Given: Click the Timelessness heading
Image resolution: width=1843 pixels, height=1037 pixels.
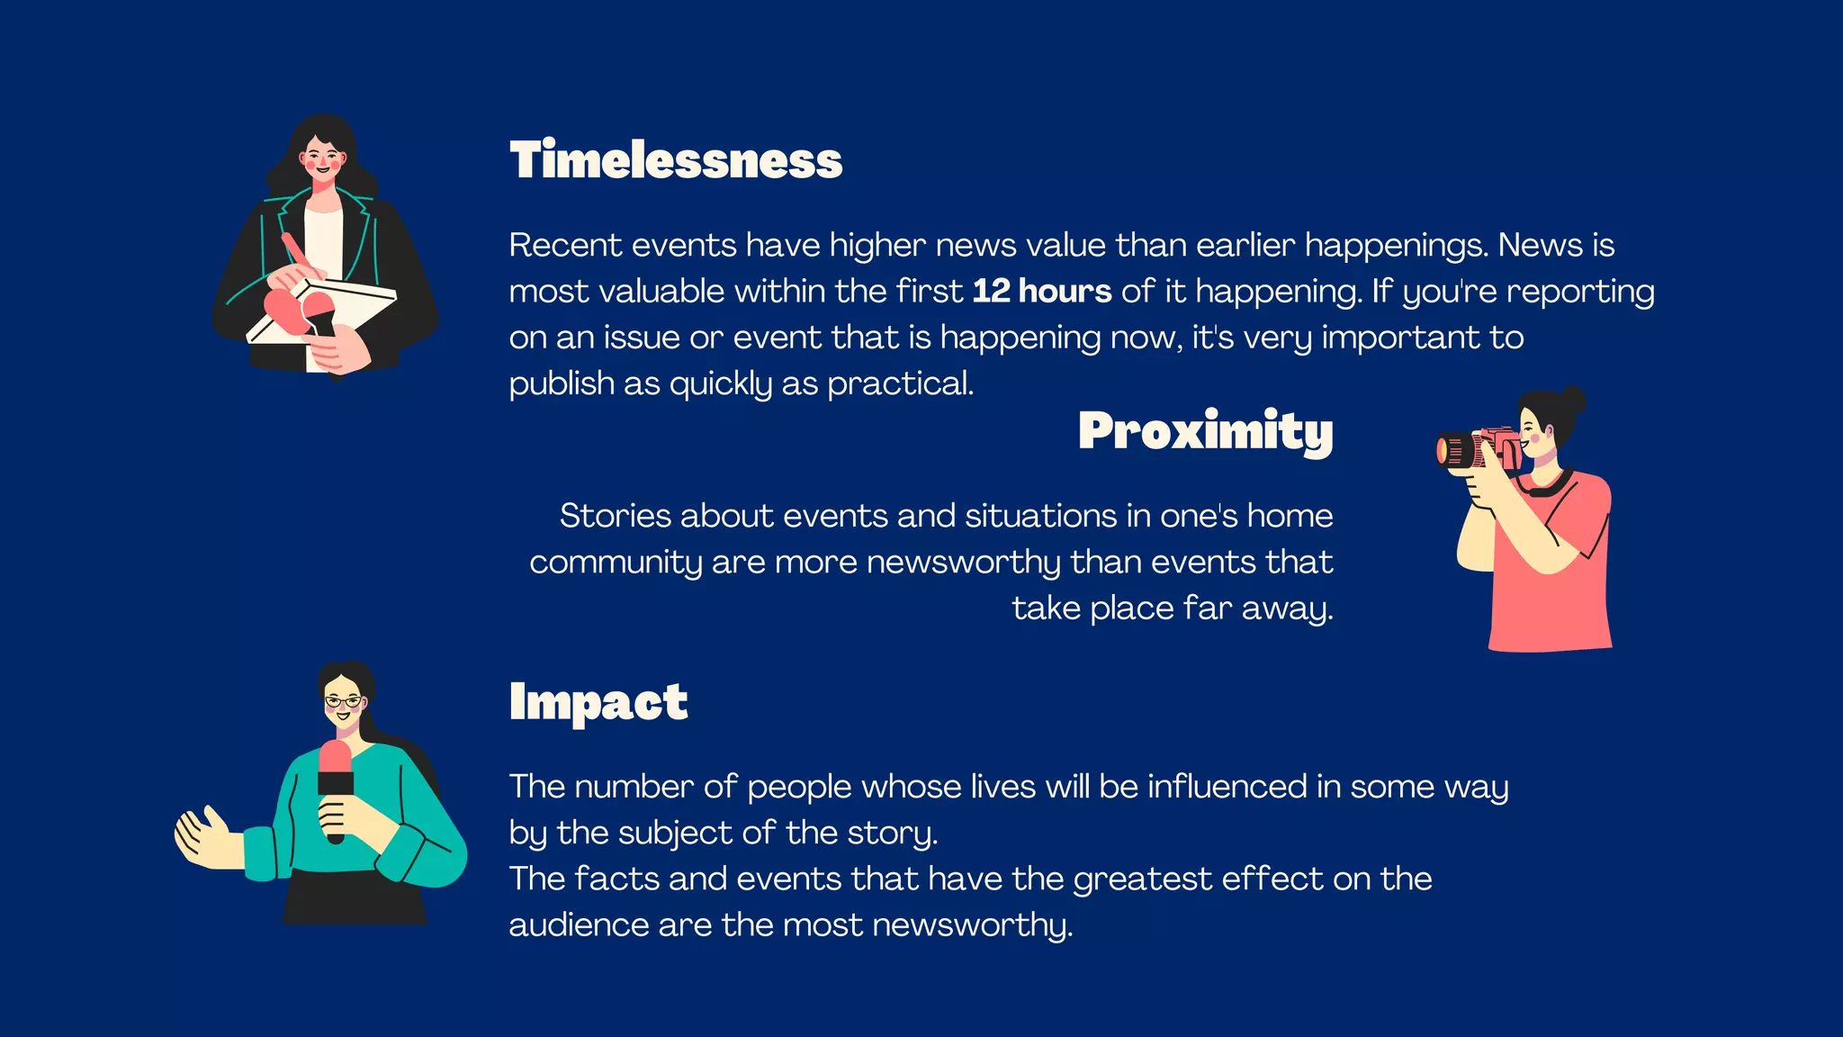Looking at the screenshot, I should pyautogui.click(x=675, y=160).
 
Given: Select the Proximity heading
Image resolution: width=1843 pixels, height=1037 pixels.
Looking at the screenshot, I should pyautogui.click(x=1205, y=430).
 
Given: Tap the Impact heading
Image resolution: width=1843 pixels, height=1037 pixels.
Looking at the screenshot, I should pyautogui.click(x=598, y=702).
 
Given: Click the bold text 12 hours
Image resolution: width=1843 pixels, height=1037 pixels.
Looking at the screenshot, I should pyautogui.click(x=1041, y=292).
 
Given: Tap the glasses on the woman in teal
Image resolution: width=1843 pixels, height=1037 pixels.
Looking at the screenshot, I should pyautogui.click(x=343, y=701).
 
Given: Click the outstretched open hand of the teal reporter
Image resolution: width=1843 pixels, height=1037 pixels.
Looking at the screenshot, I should pyautogui.click(x=203, y=837).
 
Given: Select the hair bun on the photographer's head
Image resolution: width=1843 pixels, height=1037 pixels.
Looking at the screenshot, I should pyautogui.click(x=1573, y=400).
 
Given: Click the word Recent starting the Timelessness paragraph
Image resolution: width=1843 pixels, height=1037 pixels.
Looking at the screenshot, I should pyautogui.click(x=565, y=246).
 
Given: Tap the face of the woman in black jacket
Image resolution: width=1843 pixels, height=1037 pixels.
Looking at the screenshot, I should pyautogui.click(x=323, y=158).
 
